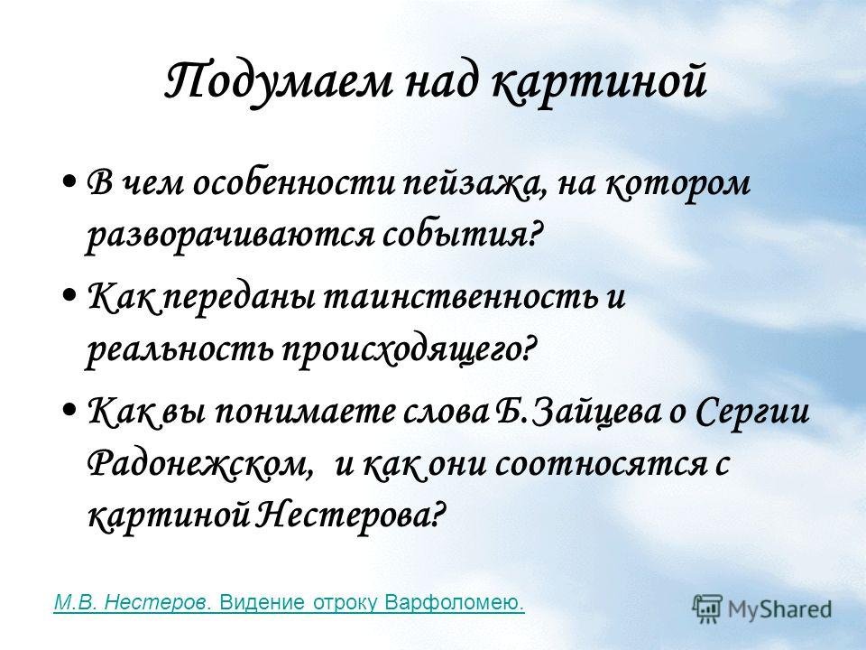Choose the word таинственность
pyautogui.click(x=460, y=296)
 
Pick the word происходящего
pyautogui.click(x=401, y=349)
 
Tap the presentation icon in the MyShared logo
pyautogui.click(x=707, y=608)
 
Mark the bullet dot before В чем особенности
pyautogui.click(x=69, y=181)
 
